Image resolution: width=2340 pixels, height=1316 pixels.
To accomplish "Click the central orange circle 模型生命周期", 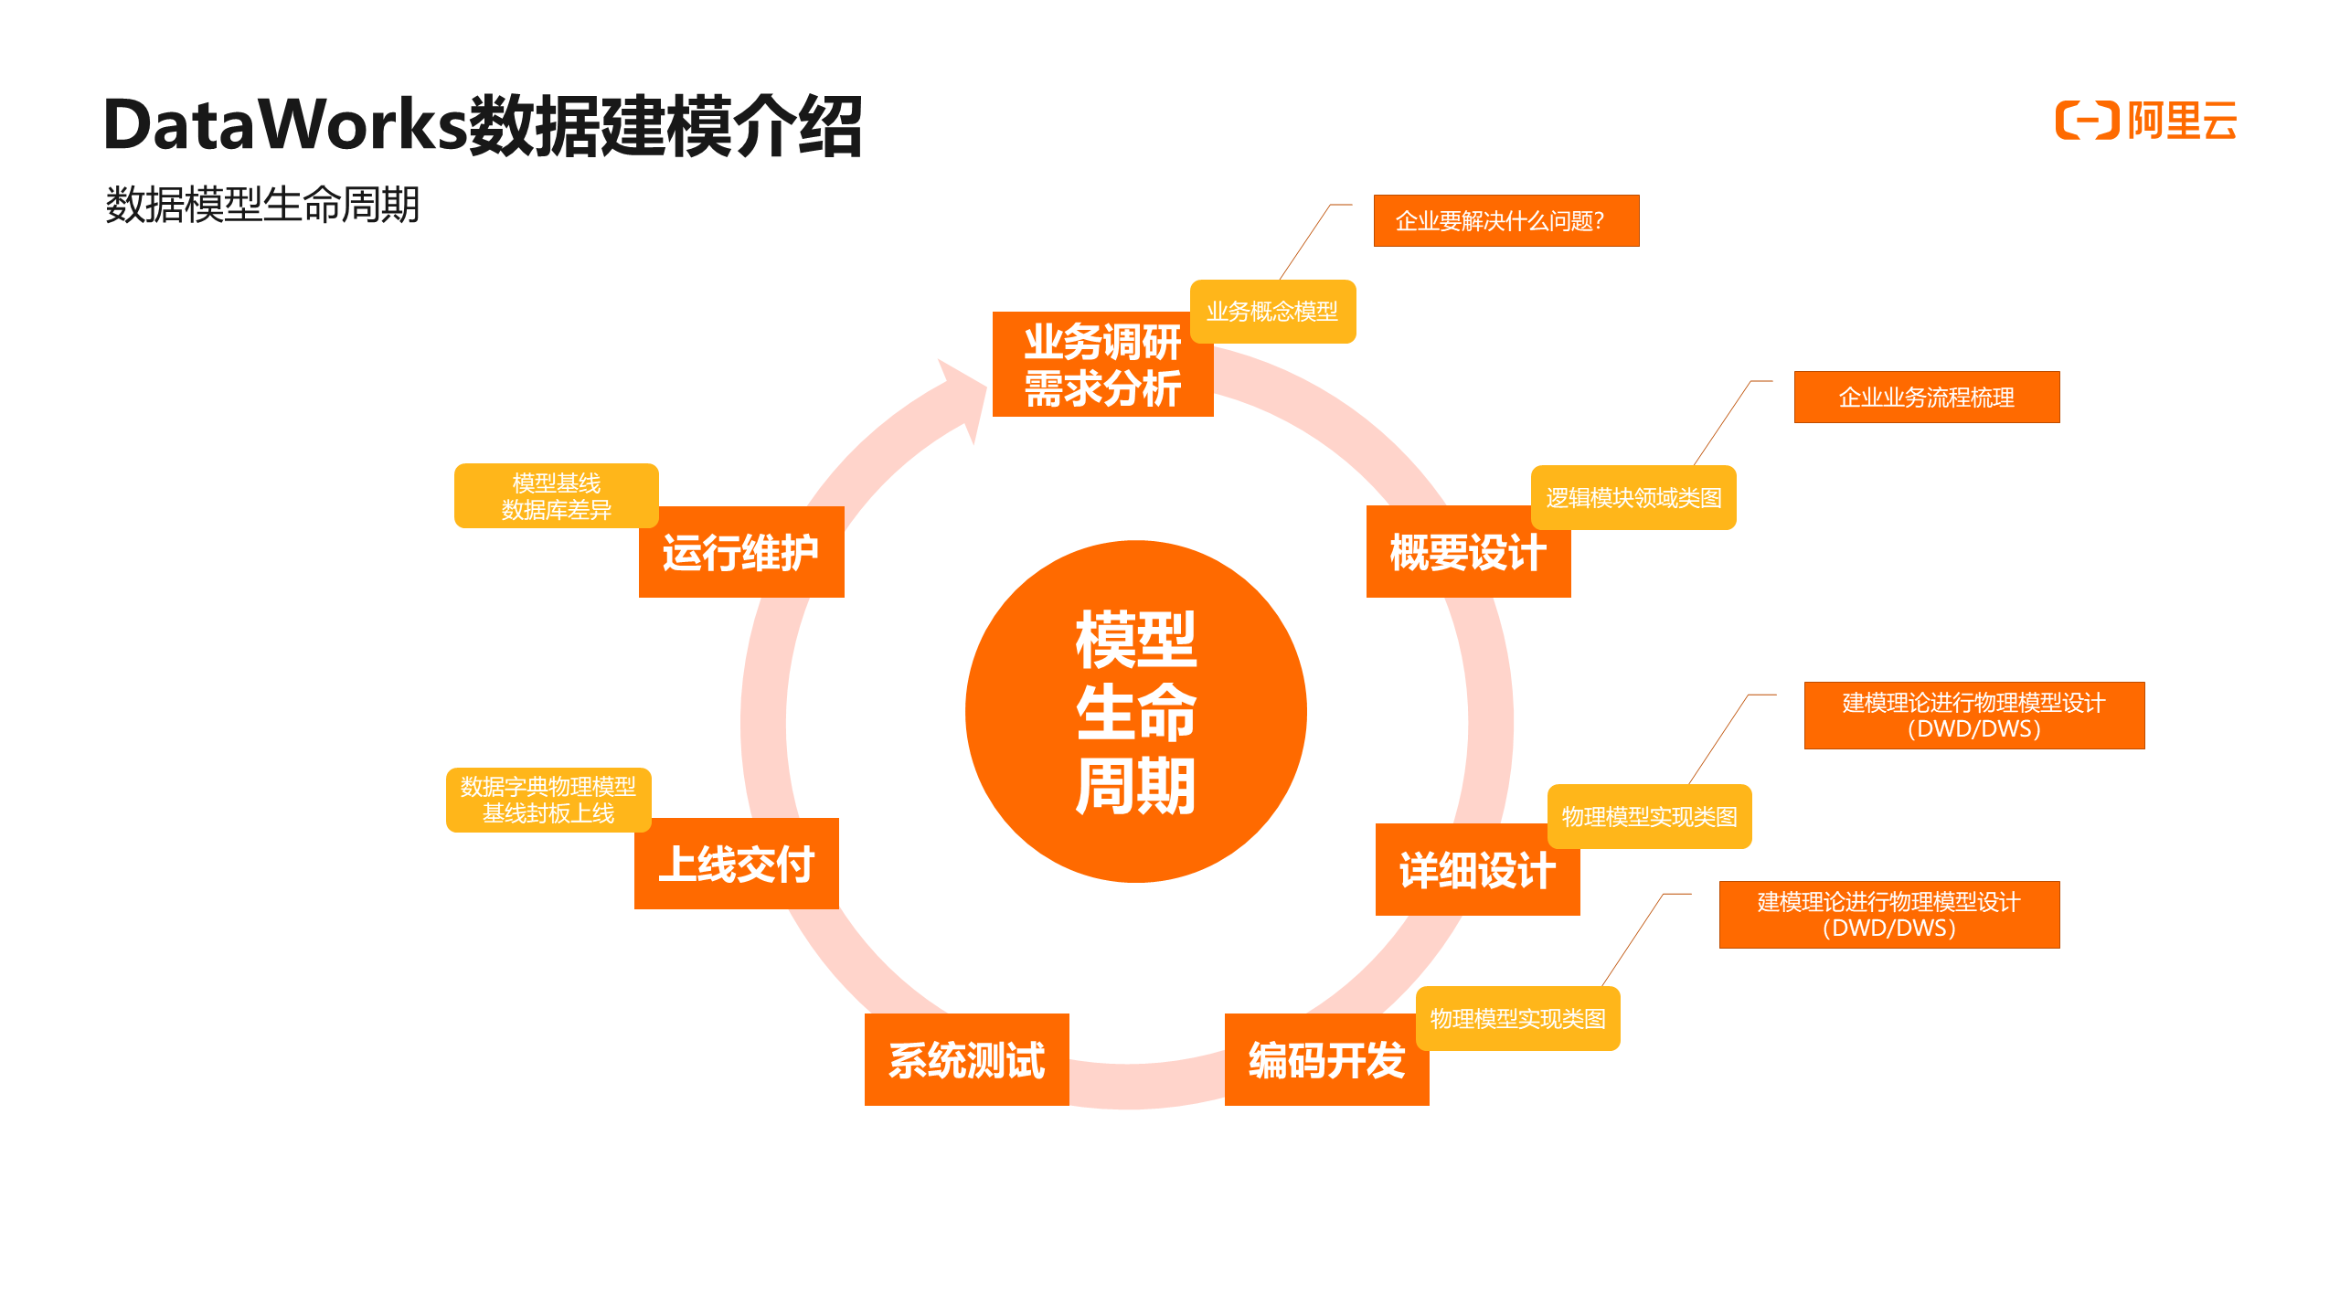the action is [x=1135, y=711].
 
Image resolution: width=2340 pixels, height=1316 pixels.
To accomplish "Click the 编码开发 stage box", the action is [x=1325, y=1060].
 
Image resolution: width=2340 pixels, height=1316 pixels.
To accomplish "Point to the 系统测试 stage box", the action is [x=966, y=1060].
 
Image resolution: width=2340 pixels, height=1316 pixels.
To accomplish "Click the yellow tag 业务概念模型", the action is [x=1272, y=312].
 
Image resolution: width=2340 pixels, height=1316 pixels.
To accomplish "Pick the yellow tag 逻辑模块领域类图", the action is [x=1633, y=498].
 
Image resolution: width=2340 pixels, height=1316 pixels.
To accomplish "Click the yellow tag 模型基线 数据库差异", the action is [x=556, y=495].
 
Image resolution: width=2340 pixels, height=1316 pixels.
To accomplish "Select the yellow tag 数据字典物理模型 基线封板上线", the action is [x=548, y=800].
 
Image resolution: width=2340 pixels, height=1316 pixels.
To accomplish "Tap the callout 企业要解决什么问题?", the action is [x=1505, y=220].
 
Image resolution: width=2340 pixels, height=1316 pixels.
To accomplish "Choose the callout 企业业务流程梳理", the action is [x=1926, y=397].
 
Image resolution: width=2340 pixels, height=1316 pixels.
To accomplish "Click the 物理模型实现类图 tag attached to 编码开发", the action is [x=1517, y=1018].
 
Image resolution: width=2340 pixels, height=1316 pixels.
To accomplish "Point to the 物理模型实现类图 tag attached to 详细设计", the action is [x=1649, y=816].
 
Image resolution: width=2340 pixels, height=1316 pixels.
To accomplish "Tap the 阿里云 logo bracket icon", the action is [x=2087, y=121].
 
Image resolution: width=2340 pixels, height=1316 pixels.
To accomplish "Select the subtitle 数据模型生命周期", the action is [x=262, y=204].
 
